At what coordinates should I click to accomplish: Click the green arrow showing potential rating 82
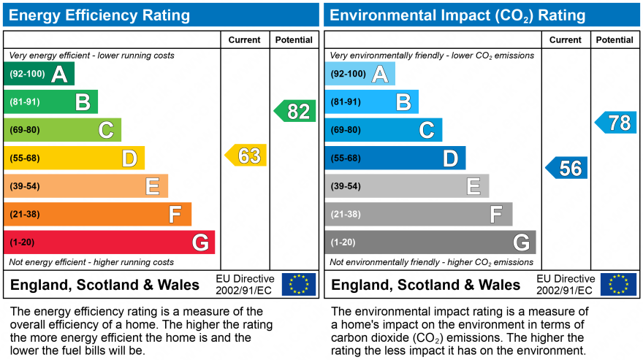295,111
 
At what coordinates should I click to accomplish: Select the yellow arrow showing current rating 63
246,156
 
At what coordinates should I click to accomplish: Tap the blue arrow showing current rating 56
567,168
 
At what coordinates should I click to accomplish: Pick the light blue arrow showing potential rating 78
616,123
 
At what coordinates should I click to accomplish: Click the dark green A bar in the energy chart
39,74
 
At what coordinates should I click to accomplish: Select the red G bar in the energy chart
110,242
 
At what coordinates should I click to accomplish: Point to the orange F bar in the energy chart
97,215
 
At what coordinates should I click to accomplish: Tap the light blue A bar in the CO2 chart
359,74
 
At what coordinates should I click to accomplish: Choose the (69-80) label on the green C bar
25,130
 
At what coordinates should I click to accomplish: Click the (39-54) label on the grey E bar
346,186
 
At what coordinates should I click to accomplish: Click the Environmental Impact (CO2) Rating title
458,15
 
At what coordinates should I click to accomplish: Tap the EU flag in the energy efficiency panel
299,284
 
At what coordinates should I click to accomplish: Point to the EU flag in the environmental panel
618,284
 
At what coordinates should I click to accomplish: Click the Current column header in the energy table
245,40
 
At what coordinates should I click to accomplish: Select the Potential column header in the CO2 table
615,40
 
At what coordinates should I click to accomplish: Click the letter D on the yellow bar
129,158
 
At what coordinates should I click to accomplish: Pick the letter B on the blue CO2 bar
403,102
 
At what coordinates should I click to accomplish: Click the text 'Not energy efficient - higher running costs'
91,262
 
